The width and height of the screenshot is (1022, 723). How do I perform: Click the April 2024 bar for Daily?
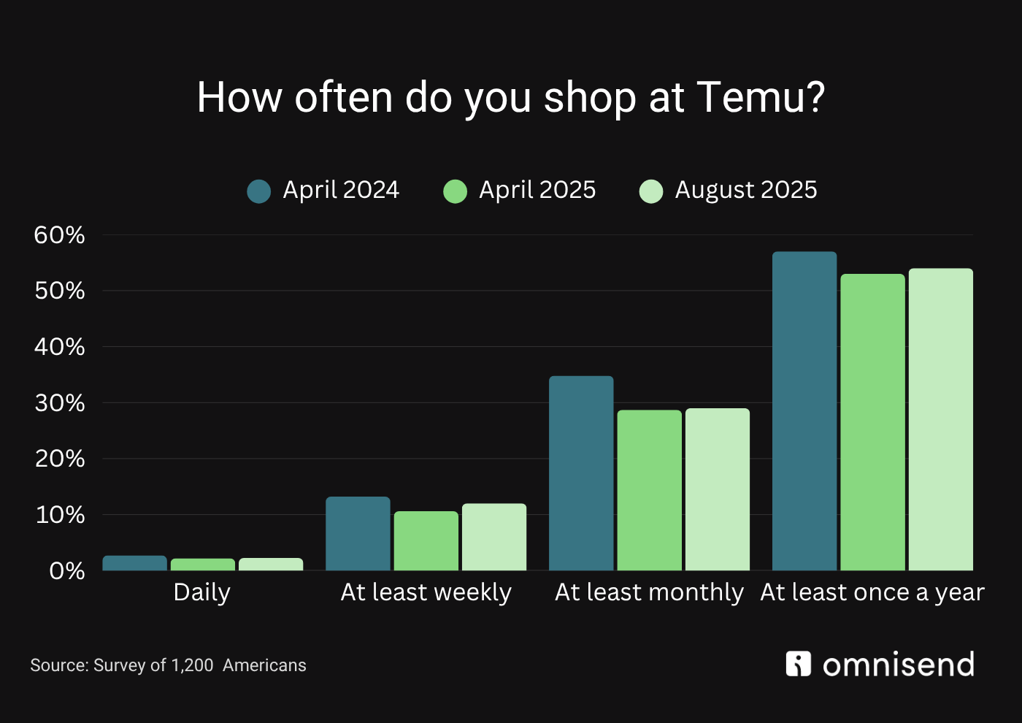click(135, 563)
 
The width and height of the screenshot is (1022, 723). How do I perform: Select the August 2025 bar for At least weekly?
click(494, 537)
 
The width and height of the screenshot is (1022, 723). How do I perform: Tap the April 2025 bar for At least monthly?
click(649, 490)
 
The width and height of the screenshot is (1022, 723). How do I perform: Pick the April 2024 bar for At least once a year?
click(804, 410)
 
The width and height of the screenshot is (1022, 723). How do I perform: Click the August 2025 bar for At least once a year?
click(940, 419)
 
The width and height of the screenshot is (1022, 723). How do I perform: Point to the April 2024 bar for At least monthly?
click(581, 473)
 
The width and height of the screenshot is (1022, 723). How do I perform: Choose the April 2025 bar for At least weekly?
click(426, 540)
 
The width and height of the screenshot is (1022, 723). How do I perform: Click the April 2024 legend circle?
click(259, 191)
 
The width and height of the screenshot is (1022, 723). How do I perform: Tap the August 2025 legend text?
click(745, 190)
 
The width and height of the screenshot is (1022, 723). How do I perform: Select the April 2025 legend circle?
click(455, 191)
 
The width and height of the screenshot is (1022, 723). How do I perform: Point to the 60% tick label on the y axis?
click(59, 235)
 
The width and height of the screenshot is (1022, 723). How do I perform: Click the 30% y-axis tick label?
click(59, 403)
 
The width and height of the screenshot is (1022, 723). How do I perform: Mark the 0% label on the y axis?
click(66, 571)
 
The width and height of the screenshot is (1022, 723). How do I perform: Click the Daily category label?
click(202, 592)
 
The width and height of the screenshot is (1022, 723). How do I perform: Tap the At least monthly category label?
click(649, 592)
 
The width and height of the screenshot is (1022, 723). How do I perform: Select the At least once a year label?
click(872, 592)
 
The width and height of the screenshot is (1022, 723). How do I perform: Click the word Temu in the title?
click(760, 97)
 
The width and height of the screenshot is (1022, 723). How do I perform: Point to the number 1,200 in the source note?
click(192, 665)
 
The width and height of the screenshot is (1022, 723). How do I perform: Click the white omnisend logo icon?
click(799, 664)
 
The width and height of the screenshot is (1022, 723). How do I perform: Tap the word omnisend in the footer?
click(899, 665)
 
